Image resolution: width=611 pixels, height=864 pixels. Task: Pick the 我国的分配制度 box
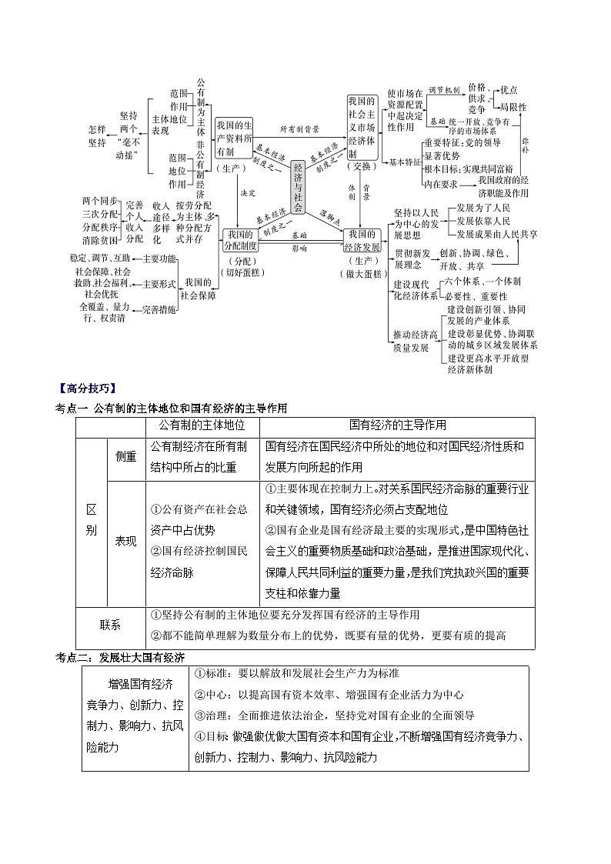tap(241, 240)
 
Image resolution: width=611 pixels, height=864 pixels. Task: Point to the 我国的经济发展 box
tap(362, 240)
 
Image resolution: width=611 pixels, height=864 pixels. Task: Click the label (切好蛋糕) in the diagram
tap(241, 272)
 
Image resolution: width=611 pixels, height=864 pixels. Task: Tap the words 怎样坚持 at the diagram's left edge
tap(97, 136)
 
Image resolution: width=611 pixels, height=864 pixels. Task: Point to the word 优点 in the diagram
tap(509, 90)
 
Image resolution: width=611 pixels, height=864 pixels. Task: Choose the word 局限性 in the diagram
tap(513, 107)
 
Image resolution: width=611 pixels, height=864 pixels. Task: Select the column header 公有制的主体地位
tap(202, 425)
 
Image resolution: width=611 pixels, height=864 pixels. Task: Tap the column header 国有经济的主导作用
tap(397, 425)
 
